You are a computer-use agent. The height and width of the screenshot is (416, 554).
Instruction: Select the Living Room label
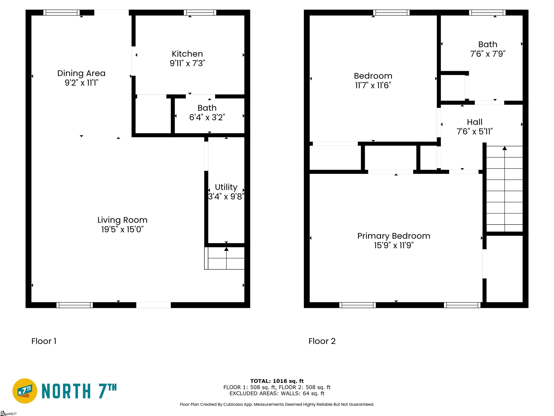pyautogui.click(x=122, y=220)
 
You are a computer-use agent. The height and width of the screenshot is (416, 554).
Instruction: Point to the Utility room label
pyautogui.click(x=226, y=187)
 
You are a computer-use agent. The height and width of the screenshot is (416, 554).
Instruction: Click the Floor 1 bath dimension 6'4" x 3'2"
pyautogui.click(x=207, y=117)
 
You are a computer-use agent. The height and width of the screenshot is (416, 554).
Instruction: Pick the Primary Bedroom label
pyautogui.click(x=394, y=236)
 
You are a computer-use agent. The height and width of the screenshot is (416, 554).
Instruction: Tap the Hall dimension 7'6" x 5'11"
pyautogui.click(x=475, y=131)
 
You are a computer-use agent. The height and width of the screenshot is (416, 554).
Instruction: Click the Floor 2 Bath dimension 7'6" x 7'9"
pyautogui.click(x=488, y=54)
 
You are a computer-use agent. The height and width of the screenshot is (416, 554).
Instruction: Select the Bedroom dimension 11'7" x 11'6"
pyautogui.click(x=373, y=85)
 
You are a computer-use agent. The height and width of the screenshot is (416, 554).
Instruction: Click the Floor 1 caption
pyautogui.click(x=44, y=341)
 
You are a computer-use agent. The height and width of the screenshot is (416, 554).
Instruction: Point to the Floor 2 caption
pyautogui.click(x=322, y=341)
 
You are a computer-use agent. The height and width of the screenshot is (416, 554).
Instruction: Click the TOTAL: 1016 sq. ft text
pyautogui.click(x=277, y=381)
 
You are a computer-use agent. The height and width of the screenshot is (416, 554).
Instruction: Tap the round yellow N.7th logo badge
pyautogui.click(x=25, y=391)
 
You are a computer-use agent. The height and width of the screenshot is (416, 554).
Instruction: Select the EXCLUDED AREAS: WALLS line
pyautogui.click(x=277, y=393)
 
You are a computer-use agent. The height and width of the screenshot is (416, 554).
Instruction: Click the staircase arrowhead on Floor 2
pyautogui.click(x=504, y=148)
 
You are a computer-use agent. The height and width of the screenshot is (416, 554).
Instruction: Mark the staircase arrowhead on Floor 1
pyautogui.click(x=226, y=249)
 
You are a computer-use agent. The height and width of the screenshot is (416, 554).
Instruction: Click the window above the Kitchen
pyautogui.click(x=200, y=12)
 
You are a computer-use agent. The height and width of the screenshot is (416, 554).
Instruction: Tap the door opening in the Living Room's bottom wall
pyautogui.click(x=153, y=305)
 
